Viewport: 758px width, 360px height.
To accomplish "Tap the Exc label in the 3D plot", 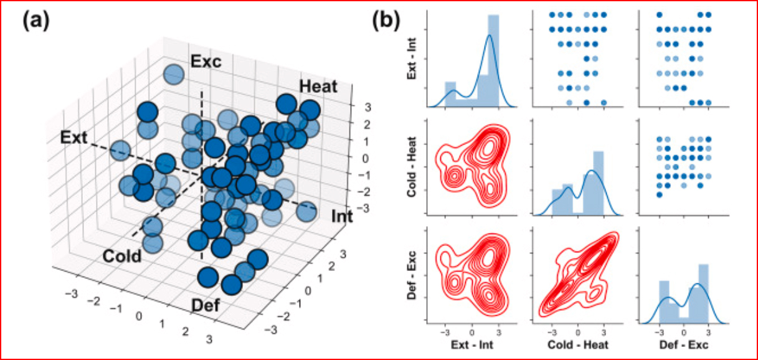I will (x=207, y=62).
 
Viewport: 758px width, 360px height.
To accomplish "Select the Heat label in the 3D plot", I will (x=318, y=87).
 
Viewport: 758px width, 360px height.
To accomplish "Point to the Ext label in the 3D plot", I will (x=73, y=137).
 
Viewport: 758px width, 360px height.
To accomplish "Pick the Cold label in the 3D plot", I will (x=123, y=255).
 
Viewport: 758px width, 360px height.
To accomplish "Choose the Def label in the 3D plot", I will (x=206, y=306).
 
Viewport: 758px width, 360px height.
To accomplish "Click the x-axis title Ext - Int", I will (x=472, y=345).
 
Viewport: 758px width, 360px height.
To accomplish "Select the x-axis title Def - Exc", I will (x=683, y=345).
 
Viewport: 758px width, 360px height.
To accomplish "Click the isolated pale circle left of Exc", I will (x=173, y=75).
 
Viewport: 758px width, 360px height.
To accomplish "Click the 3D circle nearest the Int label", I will (x=306, y=212).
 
